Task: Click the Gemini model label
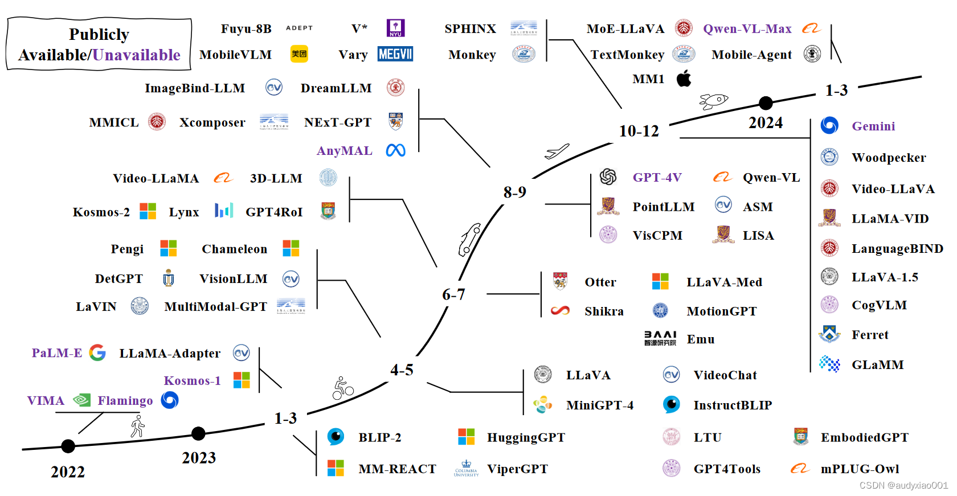pyautogui.click(x=873, y=126)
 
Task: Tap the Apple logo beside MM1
pyautogui.click(x=684, y=79)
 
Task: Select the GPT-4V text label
pyautogui.click(x=657, y=178)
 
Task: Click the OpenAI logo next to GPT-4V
pyautogui.click(x=608, y=177)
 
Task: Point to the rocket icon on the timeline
pyautogui.click(x=713, y=101)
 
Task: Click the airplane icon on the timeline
pyautogui.click(x=557, y=151)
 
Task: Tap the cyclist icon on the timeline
pyautogui.click(x=343, y=388)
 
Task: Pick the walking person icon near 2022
pyautogui.click(x=137, y=426)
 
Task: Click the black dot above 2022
pyautogui.click(x=68, y=446)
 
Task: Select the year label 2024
pyautogui.click(x=765, y=123)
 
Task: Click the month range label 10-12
pyautogui.click(x=639, y=132)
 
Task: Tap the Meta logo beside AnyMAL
pyautogui.click(x=395, y=150)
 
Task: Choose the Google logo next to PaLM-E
pyautogui.click(x=97, y=353)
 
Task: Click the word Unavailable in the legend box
pyautogui.click(x=136, y=55)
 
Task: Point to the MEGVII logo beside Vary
pyautogui.click(x=395, y=54)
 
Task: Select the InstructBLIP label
pyautogui.click(x=732, y=405)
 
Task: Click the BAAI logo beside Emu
pyautogui.click(x=660, y=339)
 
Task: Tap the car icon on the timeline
pyautogui.click(x=469, y=239)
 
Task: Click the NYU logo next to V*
pyautogui.click(x=395, y=28)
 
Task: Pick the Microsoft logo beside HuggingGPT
pyautogui.click(x=466, y=437)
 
